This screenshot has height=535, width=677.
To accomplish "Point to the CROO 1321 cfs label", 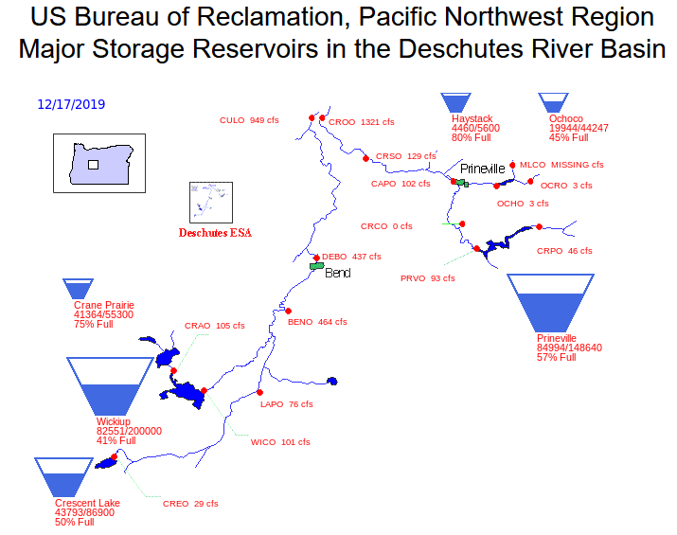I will click(x=362, y=122).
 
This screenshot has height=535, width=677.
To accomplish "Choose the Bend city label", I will click(x=338, y=274).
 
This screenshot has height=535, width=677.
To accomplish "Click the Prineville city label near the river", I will click(x=483, y=169).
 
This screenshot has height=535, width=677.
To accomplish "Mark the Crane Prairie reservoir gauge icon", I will click(x=78, y=289).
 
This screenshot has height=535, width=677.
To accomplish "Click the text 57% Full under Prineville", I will click(x=558, y=358).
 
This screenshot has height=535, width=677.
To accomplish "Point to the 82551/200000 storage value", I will click(x=130, y=431).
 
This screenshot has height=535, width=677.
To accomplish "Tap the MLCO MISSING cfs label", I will click(x=561, y=165).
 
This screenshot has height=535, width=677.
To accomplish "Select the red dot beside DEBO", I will click(x=316, y=258).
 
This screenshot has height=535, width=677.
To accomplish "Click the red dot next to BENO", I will click(x=288, y=311).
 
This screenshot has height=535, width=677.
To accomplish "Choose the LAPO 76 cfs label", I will click(x=286, y=404).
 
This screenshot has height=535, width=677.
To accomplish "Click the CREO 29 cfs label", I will click(x=190, y=504).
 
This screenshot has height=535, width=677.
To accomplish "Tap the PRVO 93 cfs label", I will click(x=427, y=278).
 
